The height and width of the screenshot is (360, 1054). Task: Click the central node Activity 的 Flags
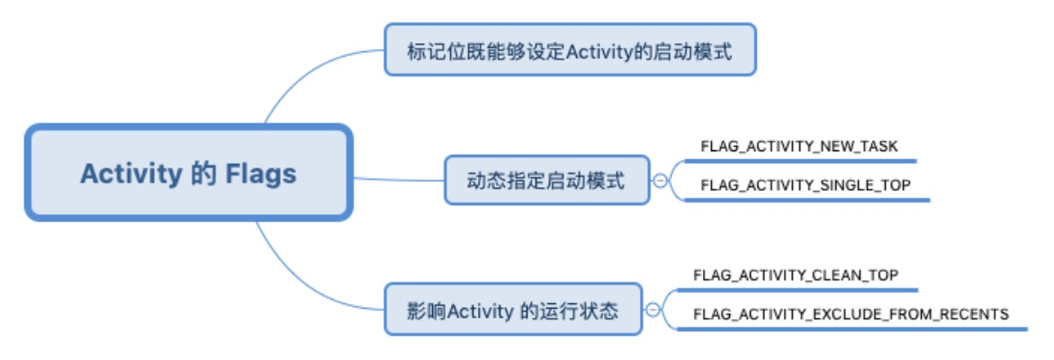pos(188,173)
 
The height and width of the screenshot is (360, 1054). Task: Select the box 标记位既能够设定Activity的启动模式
pos(570,50)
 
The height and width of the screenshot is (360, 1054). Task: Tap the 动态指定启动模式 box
pos(546,180)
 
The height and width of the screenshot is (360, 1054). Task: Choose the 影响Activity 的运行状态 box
pos(513,310)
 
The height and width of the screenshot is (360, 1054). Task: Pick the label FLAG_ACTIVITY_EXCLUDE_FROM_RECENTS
pos(850,314)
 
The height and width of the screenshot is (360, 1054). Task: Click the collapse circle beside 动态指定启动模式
pos(660,180)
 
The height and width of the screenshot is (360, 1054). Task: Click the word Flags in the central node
pos(260,173)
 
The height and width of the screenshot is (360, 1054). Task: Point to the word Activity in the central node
pos(131,173)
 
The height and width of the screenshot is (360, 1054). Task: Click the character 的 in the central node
pos(203,173)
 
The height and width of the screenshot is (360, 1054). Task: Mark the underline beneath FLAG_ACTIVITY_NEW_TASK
pos(801,161)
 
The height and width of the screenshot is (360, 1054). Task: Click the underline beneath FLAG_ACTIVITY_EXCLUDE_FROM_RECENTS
pos(855,329)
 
